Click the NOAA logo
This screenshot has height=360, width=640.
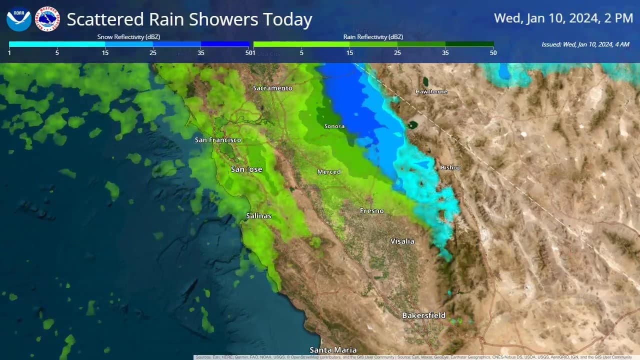(19, 19)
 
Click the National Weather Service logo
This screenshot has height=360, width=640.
(47, 19)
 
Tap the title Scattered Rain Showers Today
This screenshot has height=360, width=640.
(189, 19)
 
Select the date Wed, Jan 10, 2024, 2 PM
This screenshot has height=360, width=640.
(563, 18)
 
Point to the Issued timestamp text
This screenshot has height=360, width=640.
(585, 44)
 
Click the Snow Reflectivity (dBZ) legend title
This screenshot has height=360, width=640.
(128, 37)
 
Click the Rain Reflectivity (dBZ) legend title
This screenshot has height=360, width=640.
(373, 37)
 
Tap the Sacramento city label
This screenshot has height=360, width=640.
(272, 88)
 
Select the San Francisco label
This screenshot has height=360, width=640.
(218, 140)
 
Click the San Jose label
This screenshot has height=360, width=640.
(246, 169)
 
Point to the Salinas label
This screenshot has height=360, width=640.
(258, 216)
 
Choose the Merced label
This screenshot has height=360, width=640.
(329, 172)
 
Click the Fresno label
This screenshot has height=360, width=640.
(372, 211)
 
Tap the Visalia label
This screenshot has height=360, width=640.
(402, 241)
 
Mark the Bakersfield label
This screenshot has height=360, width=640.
(424, 315)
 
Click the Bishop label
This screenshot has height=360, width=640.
(450, 167)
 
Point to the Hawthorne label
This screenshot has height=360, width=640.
(431, 92)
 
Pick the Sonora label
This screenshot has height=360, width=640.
(334, 126)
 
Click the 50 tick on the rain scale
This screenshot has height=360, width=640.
(493, 52)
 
